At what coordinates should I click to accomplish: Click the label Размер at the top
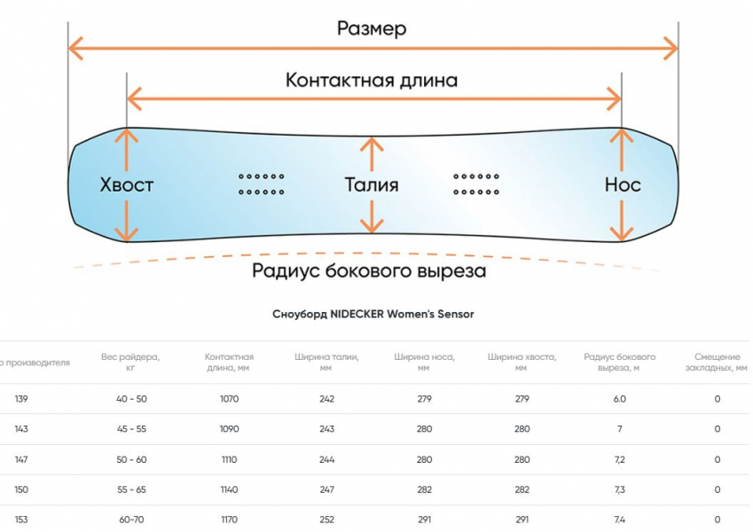tap(372, 28)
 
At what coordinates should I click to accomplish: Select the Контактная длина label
tap(372, 80)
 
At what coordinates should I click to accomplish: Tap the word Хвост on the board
tap(127, 184)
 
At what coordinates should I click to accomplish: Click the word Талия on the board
tap(372, 184)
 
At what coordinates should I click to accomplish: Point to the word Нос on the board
tap(623, 184)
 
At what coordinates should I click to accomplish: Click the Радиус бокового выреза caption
tap(369, 270)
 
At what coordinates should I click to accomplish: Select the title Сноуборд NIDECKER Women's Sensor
tap(373, 314)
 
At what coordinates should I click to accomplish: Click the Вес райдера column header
tap(130, 362)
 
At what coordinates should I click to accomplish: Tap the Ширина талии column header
tap(326, 362)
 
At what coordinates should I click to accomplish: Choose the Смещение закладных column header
tap(716, 362)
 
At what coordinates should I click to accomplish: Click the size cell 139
tap(21, 399)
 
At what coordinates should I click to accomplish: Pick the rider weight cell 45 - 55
tap(131, 429)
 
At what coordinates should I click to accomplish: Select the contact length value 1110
tap(229, 459)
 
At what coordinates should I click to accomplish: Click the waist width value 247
tap(326, 489)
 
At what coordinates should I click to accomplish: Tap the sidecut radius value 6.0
tap(619, 399)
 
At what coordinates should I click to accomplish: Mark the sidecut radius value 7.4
tap(619, 520)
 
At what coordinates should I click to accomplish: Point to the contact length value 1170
tap(229, 520)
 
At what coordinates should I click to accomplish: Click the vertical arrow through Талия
tap(373, 213)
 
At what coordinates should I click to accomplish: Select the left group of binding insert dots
tap(262, 184)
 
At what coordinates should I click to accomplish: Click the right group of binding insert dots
tap(476, 184)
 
